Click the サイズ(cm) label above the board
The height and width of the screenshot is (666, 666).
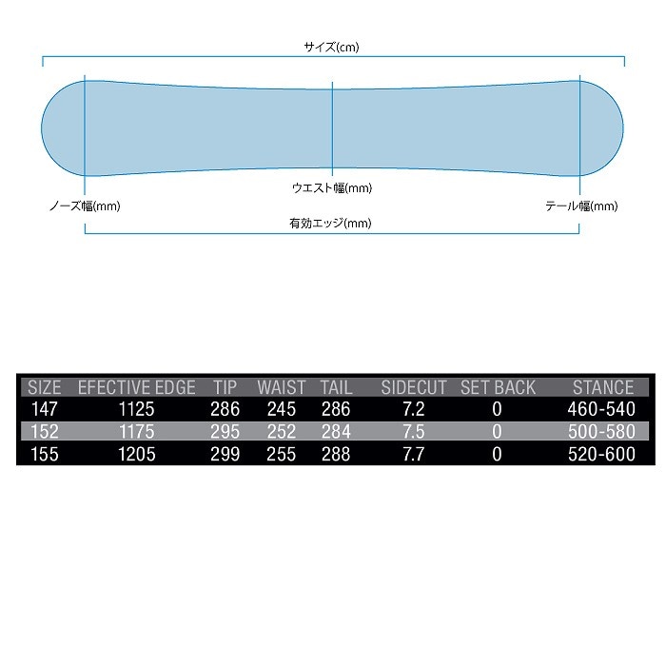point(331,47)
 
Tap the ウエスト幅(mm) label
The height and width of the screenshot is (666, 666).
point(332,187)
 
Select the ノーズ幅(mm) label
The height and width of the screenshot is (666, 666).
point(85,206)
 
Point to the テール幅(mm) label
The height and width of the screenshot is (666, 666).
point(581,206)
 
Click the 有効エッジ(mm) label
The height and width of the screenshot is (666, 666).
point(330,223)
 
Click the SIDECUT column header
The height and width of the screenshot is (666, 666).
point(414,387)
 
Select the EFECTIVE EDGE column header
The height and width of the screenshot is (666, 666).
point(137,387)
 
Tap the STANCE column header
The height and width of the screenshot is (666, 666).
point(603,387)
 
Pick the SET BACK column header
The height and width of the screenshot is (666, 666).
point(498,387)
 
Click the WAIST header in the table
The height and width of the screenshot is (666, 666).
point(282,387)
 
